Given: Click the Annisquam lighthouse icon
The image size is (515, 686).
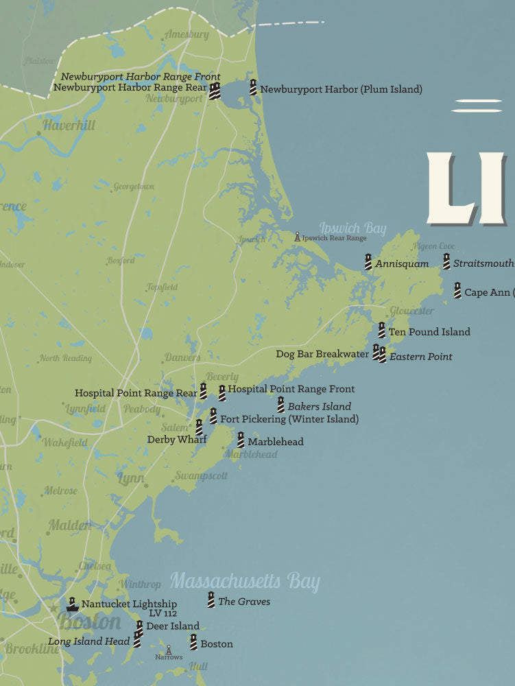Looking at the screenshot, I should click(x=368, y=262).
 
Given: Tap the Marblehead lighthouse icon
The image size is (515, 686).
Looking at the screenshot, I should click(x=241, y=440).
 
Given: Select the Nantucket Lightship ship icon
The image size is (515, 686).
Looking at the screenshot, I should click(x=72, y=604).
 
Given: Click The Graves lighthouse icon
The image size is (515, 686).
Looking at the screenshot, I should click(x=211, y=600).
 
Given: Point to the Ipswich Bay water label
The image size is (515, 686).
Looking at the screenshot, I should click(x=352, y=228).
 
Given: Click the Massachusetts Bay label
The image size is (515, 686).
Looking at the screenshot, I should click(x=245, y=582).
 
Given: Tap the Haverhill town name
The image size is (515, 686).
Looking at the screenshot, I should click(x=69, y=126).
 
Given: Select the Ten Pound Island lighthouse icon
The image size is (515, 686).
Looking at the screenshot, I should click(x=381, y=331).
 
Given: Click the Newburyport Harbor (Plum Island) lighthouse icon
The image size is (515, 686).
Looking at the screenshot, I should click(x=253, y=88).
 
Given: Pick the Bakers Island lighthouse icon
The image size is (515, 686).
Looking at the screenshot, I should click(x=280, y=405).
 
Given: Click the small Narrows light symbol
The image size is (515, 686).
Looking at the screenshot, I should click(x=169, y=649).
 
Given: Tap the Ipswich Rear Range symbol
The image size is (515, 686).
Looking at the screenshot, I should click(x=297, y=237).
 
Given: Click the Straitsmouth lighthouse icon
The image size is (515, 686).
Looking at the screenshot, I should click(x=446, y=262).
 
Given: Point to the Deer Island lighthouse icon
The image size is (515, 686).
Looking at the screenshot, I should click(x=139, y=626).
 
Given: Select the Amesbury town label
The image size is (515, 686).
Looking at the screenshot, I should click(x=187, y=34).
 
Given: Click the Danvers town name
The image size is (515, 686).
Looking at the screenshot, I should click(x=182, y=357).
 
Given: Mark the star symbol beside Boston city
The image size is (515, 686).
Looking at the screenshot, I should click(x=53, y=607).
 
